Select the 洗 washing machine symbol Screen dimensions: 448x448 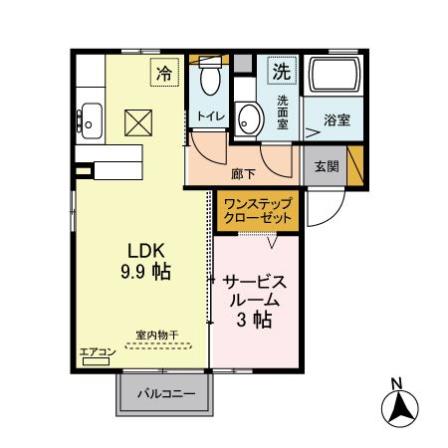point(282,72)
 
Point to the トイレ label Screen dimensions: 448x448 point(210,117)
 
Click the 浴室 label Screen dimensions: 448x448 point(336,120)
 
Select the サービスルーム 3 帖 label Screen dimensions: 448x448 point(255,300)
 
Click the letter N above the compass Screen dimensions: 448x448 point(396,383)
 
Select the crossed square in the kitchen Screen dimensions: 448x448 point(135,122)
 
